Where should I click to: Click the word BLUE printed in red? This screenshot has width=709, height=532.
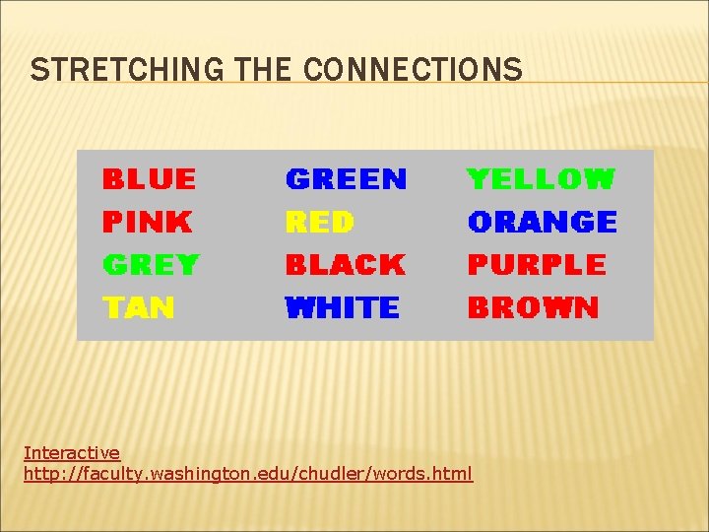point(149,179)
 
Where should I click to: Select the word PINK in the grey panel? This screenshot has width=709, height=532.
point(147,223)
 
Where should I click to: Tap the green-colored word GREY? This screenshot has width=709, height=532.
point(151,265)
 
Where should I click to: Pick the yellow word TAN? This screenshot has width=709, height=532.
point(139,308)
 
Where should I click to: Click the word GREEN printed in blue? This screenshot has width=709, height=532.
point(346,179)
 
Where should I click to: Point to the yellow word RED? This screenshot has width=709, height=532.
point(319,223)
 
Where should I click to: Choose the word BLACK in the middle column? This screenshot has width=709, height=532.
point(345,265)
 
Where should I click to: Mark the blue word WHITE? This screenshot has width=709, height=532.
point(342,308)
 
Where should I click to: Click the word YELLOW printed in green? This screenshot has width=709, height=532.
point(541,179)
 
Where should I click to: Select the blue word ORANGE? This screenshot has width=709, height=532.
point(543,223)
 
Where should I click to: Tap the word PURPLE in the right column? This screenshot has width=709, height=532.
point(537,265)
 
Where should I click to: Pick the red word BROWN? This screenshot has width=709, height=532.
point(533,308)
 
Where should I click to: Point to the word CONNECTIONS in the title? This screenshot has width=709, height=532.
point(413,70)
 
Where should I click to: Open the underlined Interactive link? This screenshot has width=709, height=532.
point(72,453)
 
